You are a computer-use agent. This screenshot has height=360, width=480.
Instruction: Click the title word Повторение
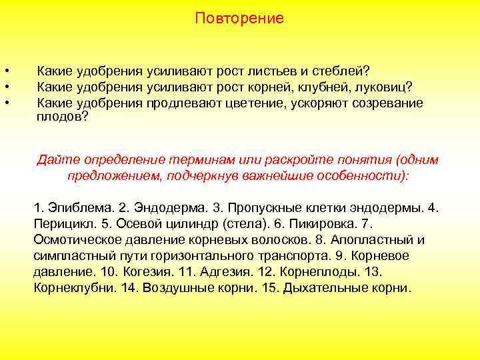pos(239,19)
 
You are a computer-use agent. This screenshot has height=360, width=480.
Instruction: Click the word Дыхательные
pos(323,289)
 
